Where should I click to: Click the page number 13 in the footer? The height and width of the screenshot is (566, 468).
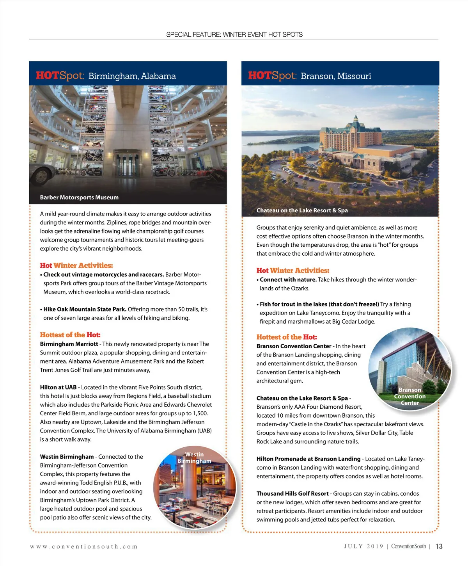pyautogui.click(x=439, y=546)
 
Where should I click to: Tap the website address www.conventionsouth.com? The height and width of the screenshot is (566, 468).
pyautogui.click(x=84, y=547)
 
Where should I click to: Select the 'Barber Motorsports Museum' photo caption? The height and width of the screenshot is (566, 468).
pyautogui.click(x=79, y=198)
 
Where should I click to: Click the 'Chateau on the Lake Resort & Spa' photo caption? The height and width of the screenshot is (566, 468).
pyautogui.click(x=302, y=210)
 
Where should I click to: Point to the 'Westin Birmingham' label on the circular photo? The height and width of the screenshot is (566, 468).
pyautogui.click(x=194, y=457)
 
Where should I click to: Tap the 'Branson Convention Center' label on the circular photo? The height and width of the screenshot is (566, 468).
pyautogui.click(x=409, y=396)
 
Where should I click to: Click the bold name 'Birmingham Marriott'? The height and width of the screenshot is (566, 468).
pyautogui.click(x=69, y=344)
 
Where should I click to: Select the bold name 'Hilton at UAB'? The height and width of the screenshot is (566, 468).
pyautogui.click(x=58, y=387)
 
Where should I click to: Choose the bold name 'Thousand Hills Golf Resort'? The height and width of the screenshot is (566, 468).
pyautogui.click(x=292, y=493)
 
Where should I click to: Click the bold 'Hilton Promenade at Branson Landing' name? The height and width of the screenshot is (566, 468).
pyautogui.click(x=308, y=459)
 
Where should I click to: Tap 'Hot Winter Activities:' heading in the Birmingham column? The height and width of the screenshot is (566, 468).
pyautogui.click(x=76, y=265)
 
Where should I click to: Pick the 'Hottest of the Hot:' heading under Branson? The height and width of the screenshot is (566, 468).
pyautogui.click(x=287, y=337)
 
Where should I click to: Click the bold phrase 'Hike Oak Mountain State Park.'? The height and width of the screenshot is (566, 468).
pyautogui.click(x=85, y=309)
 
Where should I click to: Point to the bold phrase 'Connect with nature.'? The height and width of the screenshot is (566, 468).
pyautogui.click(x=288, y=279)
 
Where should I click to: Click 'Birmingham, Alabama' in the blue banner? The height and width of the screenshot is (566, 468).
pyautogui.click(x=132, y=76)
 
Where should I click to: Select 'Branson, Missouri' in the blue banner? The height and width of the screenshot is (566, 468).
pyautogui.click(x=336, y=76)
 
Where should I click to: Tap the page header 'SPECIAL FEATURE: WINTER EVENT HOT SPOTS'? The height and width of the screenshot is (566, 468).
pyautogui.click(x=234, y=35)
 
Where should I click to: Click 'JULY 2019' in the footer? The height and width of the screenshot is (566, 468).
pyautogui.click(x=363, y=546)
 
